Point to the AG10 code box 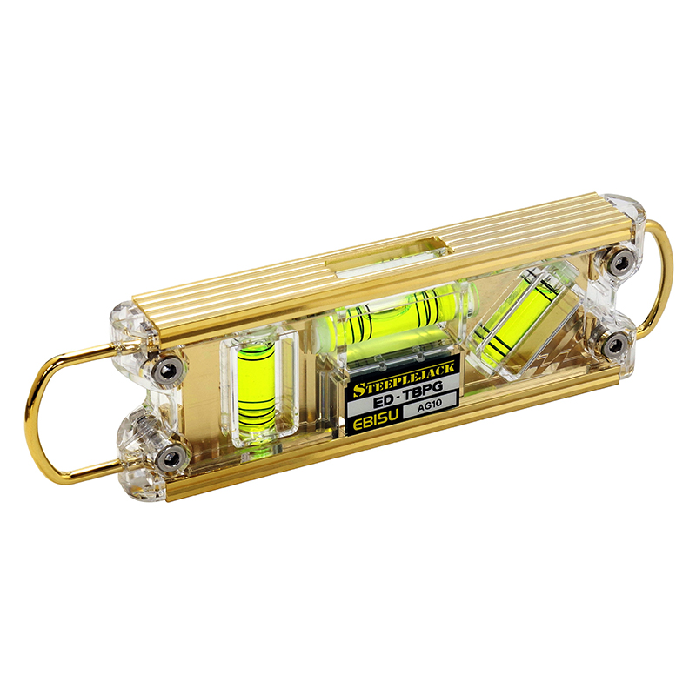(429, 405)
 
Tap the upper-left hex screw (167, 371)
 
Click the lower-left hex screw (171, 455)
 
